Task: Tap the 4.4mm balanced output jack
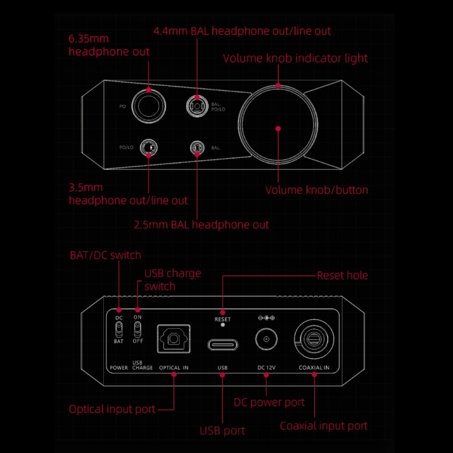click(196, 106)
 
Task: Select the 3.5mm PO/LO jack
click(149, 147)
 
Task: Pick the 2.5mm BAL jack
click(196, 147)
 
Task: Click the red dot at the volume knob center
click(278, 128)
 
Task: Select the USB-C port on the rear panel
click(222, 345)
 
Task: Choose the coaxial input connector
click(314, 341)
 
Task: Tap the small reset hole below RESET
click(222, 325)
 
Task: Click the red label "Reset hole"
click(342, 275)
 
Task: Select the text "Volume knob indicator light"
click(295, 58)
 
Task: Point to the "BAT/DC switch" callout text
click(106, 255)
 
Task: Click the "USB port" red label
click(222, 431)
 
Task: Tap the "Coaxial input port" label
click(324, 426)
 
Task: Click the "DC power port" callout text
click(269, 402)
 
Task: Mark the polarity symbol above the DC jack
click(266, 318)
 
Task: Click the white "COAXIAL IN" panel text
click(314, 368)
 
